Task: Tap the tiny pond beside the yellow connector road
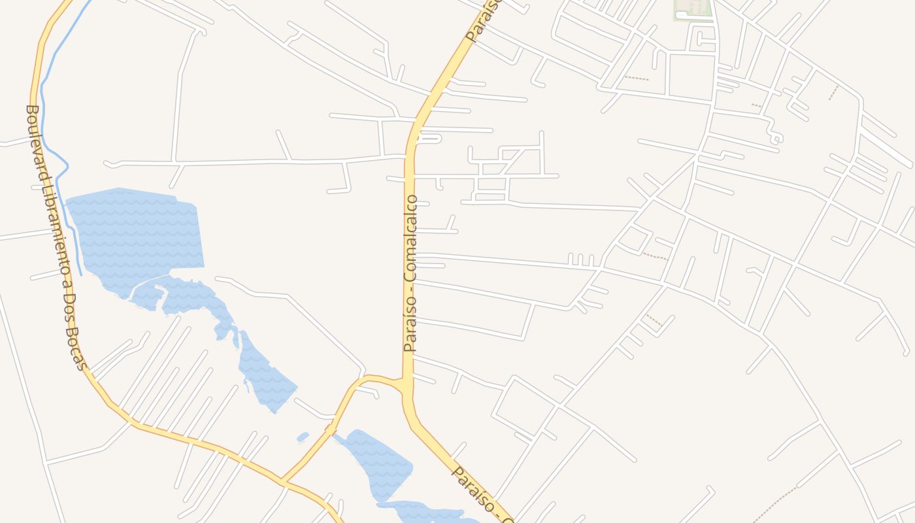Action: (x=302, y=436)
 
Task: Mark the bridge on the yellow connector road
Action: (x=331, y=429)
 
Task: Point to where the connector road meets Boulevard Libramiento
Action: (x=284, y=482)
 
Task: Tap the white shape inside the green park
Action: (x=681, y=14)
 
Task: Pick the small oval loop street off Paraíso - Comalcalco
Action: (x=429, y=138)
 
